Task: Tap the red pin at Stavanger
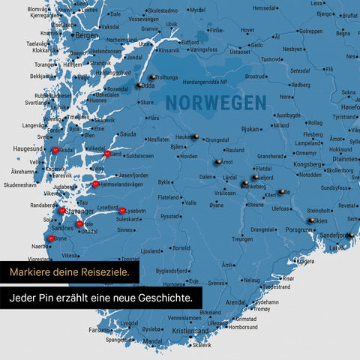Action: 64,211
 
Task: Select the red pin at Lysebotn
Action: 122,211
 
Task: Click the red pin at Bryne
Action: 51,238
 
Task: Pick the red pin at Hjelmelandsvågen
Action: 95,184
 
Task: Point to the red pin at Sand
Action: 108,153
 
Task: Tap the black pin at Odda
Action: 139,85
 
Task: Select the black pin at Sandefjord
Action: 349,235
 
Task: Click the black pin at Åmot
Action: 218,161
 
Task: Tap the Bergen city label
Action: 87,35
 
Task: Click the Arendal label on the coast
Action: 237,301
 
